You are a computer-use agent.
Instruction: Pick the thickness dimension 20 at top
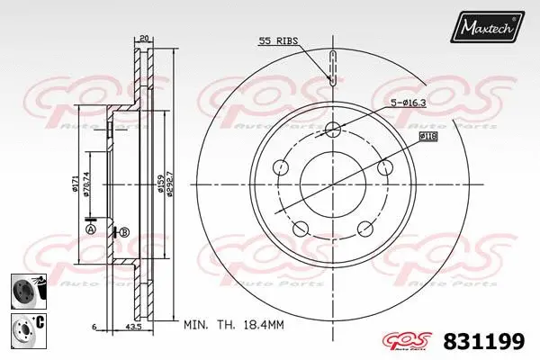click(x=143, y=38)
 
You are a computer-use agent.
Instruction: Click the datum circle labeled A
click(x=90, y=230)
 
